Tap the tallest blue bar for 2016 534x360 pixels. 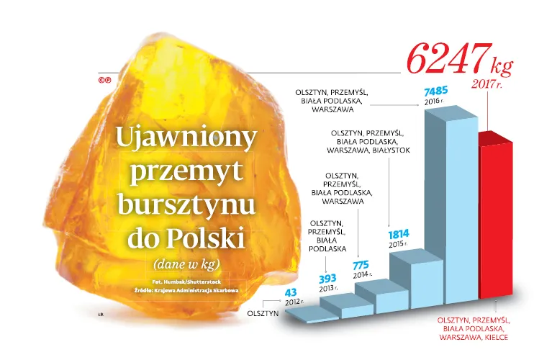point(450,209)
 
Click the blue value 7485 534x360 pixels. point(437,92)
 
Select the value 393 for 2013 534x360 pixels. point(327,279)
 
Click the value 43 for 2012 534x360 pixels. point(291,292)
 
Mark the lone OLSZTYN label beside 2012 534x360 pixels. point(263,315)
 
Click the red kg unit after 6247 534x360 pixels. point(501,66)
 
